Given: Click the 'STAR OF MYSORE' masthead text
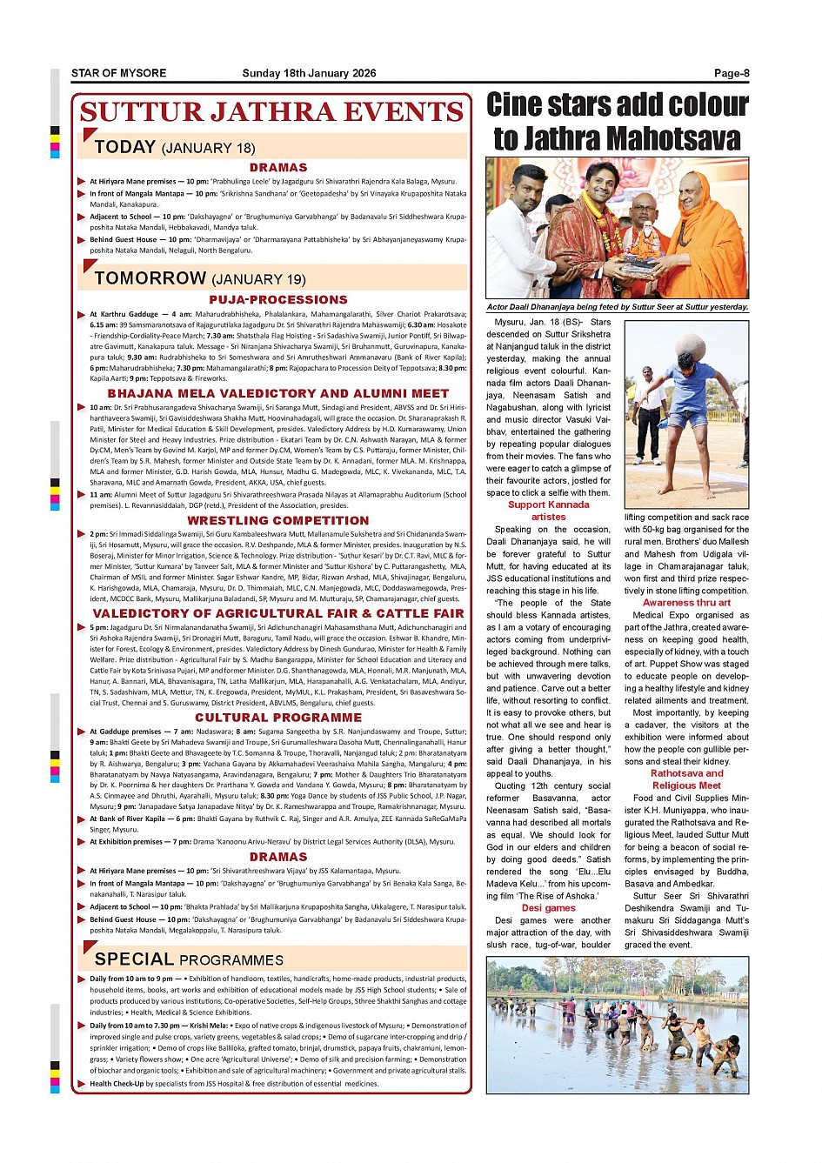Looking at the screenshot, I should click(x=118, y=73).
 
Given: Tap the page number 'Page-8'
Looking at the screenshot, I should click(x=732, y=73).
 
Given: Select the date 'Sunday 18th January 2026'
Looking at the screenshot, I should click(x=309, y=73).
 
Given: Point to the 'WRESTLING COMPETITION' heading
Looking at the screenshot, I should click(x=278, y=520).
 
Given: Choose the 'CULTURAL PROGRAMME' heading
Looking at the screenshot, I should click(x=278, y=718).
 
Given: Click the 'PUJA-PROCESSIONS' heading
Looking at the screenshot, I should click(x=278, y=299).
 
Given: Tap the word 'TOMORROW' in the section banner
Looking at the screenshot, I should click(x=150, y=278).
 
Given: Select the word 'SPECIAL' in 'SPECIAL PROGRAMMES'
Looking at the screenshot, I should click(x=134, y=959).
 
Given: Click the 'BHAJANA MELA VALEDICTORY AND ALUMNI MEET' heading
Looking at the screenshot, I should click(x=278, y=394).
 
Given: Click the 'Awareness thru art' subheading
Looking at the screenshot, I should click(x=686, y=603).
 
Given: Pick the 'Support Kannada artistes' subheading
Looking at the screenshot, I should click(x=548, y=511).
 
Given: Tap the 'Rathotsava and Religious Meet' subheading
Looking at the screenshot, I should click(x=686, y=779).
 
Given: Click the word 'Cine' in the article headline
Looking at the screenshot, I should click(x=520, y=105).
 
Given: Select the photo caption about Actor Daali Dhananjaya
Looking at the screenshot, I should click(x=617, y=307).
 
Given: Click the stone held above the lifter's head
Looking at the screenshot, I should click(x=689, y=344).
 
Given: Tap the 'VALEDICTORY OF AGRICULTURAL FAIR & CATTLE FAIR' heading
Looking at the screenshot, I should click(x=278, y=613).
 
